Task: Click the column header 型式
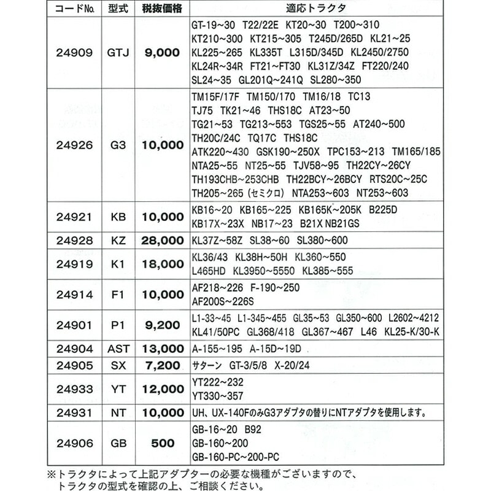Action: click(118, 9)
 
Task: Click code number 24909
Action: click(73, 53)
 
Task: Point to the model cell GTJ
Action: click(118, 53)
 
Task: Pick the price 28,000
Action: click(163, 241)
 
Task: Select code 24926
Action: click(73, 145)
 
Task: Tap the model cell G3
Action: click(118, 145)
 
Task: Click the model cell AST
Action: click(118, 349)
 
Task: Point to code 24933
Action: click(73, 389)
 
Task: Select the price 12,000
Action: click(163, 389)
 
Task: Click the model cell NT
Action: click(118, 412)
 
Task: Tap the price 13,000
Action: click(163, 349)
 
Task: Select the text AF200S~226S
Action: click(223, 301)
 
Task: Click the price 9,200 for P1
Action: click(163, 325)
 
